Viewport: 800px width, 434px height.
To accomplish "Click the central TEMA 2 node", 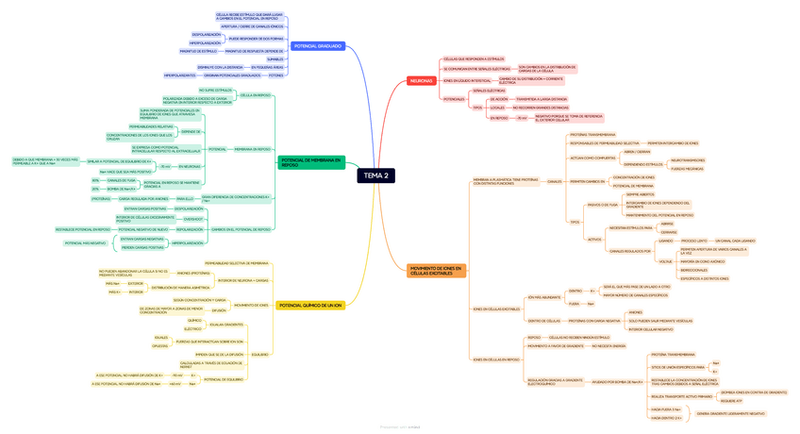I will click(x=375, y=175).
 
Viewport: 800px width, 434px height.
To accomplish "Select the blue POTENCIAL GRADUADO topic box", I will click(x=317, y=46).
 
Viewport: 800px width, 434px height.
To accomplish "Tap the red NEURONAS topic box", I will click(x=421, y=81).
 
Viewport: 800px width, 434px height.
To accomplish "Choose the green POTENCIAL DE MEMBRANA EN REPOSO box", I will click(x=311, y=163).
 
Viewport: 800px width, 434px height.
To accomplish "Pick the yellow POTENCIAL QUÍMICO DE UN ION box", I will click(x=311, y=306).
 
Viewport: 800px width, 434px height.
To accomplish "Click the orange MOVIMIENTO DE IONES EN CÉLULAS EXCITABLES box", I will click(x=436, y=271).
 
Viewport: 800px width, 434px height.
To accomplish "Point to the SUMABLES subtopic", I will click(x=275, y=58).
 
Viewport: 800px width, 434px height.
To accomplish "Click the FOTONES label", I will click(x=275, y=75).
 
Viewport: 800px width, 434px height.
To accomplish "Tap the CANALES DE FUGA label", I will click(x=122, y=180).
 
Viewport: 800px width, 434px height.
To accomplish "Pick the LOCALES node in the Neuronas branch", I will click(x=497, y=108).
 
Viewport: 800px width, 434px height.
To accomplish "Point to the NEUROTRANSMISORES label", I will click(x=688, y=160).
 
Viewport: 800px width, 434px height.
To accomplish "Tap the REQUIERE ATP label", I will click(x=732, y=401).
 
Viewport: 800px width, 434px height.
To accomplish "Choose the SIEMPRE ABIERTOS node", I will click(x=640, y=194).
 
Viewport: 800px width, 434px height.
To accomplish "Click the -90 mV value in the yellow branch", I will click(x=176, y=375).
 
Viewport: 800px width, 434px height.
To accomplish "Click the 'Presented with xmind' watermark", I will click(x=399, y=427).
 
